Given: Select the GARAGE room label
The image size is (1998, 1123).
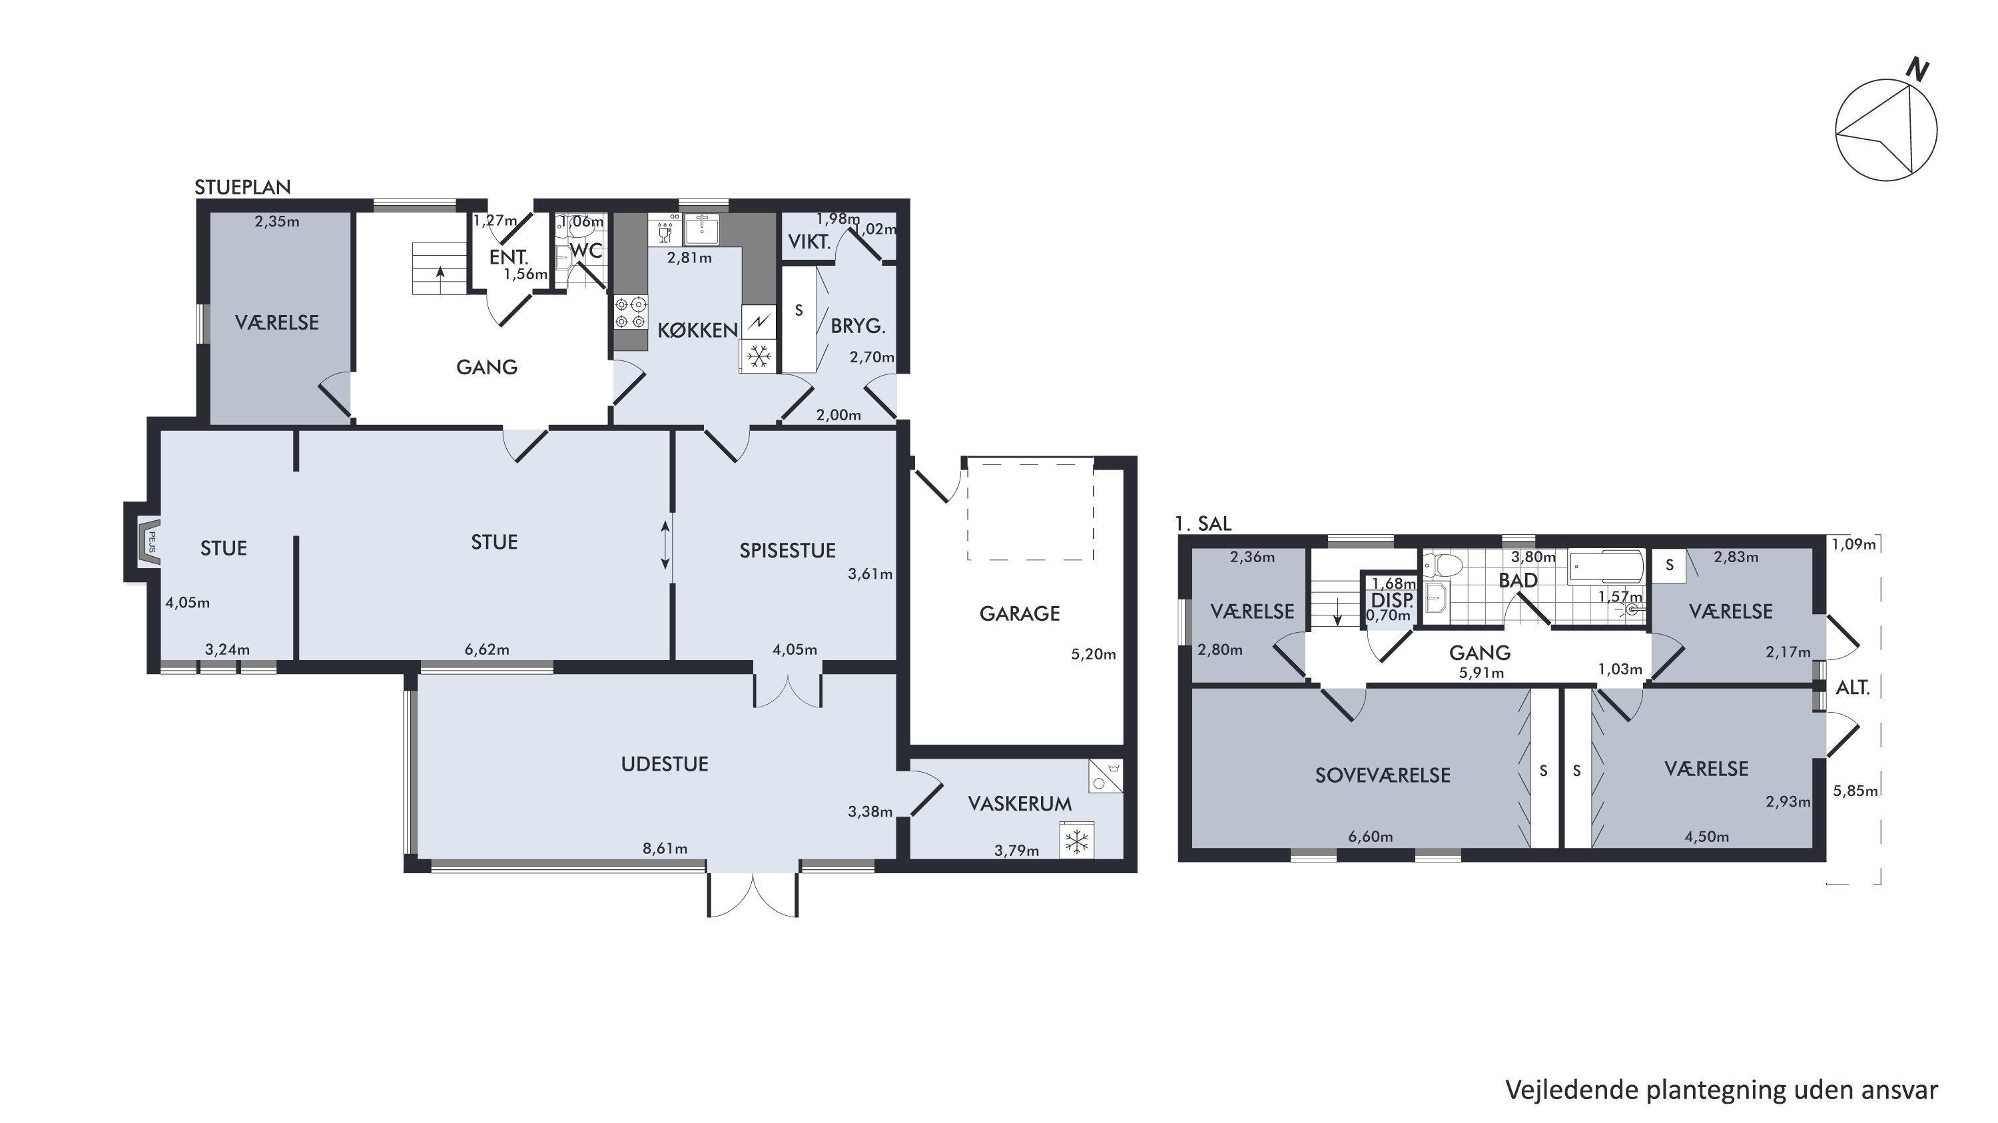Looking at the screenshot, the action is pos(1019,613).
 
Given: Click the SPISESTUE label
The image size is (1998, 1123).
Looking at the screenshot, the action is pos(787,551).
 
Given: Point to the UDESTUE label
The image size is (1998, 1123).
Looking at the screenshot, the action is pos(665,764).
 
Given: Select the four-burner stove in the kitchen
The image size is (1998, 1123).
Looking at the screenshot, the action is pos(631,312).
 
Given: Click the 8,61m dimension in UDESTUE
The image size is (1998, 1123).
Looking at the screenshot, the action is pos(665,849).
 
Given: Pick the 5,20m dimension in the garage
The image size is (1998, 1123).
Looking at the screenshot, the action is pos(1093,655).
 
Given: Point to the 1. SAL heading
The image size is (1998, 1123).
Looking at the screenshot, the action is pos(1203,524).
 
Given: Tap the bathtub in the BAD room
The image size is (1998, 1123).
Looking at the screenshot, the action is pos(1606,567).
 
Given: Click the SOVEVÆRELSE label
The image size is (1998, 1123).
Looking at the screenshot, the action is pos(1383,775).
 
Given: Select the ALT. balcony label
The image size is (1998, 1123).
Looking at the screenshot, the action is pos(1853,688).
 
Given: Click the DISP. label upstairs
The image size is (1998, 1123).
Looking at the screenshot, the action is pos(1391,600).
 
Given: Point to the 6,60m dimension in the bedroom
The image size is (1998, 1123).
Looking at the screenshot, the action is pos(1371,837).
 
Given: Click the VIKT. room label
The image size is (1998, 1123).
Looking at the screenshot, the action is pos(809,242).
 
